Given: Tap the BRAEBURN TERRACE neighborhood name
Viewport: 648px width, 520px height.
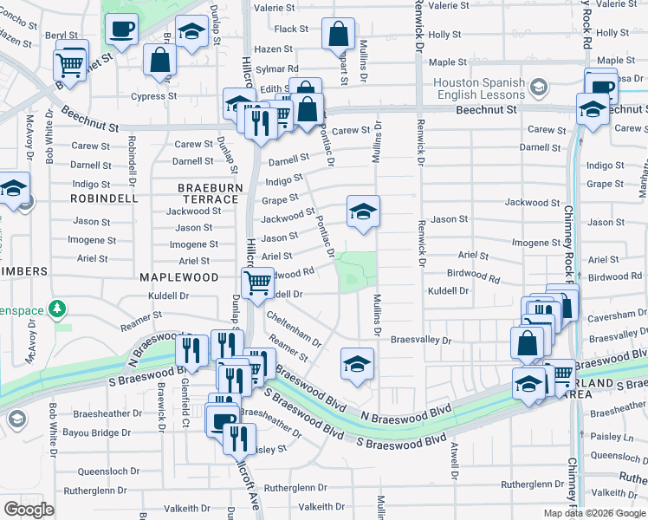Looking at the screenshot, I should coord(208,193).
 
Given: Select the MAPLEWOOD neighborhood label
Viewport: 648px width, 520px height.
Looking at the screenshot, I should coord(178,277).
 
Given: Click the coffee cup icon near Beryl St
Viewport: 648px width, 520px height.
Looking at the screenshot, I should coord(121,29).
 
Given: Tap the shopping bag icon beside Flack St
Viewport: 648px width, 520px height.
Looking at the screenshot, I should coord(339,35).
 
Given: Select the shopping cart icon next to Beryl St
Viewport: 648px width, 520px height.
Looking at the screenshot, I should coord(69,63).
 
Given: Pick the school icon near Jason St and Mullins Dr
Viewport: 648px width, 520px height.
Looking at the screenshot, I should coord(364,211).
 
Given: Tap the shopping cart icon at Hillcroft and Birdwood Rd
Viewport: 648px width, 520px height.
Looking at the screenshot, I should coord(257,283).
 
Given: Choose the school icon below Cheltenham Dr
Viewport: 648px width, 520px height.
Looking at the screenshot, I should coord(357,364).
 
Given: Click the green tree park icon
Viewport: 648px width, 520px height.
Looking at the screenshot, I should coord(57,308).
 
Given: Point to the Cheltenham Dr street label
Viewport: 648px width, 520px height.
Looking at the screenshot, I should coord(295,330).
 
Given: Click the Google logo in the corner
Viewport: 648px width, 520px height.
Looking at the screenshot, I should coord(29,510).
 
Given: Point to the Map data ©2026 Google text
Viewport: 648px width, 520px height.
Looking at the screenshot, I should coord(593,512).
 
